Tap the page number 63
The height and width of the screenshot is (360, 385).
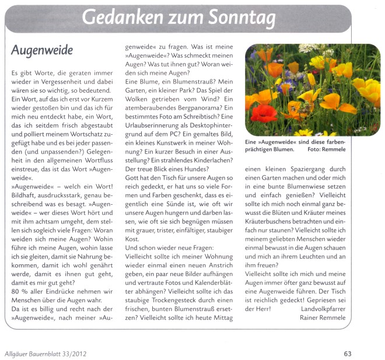point(348,352)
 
